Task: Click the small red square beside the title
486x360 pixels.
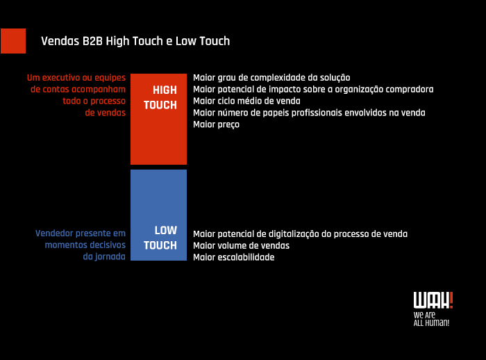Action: (x=13, y=41)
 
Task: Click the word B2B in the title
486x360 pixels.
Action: (x=92, y=41)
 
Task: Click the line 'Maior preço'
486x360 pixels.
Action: (x=216, y=124)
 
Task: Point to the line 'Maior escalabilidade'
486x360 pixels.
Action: (x=234, y=257)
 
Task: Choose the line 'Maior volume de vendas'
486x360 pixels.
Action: (x=241, y=245)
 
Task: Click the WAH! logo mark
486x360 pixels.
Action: (x=433, y=300)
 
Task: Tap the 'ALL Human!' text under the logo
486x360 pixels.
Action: (x=431, y=323)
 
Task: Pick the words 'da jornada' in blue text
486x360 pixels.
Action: (x=104, y=256)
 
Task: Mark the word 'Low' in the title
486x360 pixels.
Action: (x=185, y=41)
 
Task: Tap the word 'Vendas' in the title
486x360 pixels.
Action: (x=58, y=41)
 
